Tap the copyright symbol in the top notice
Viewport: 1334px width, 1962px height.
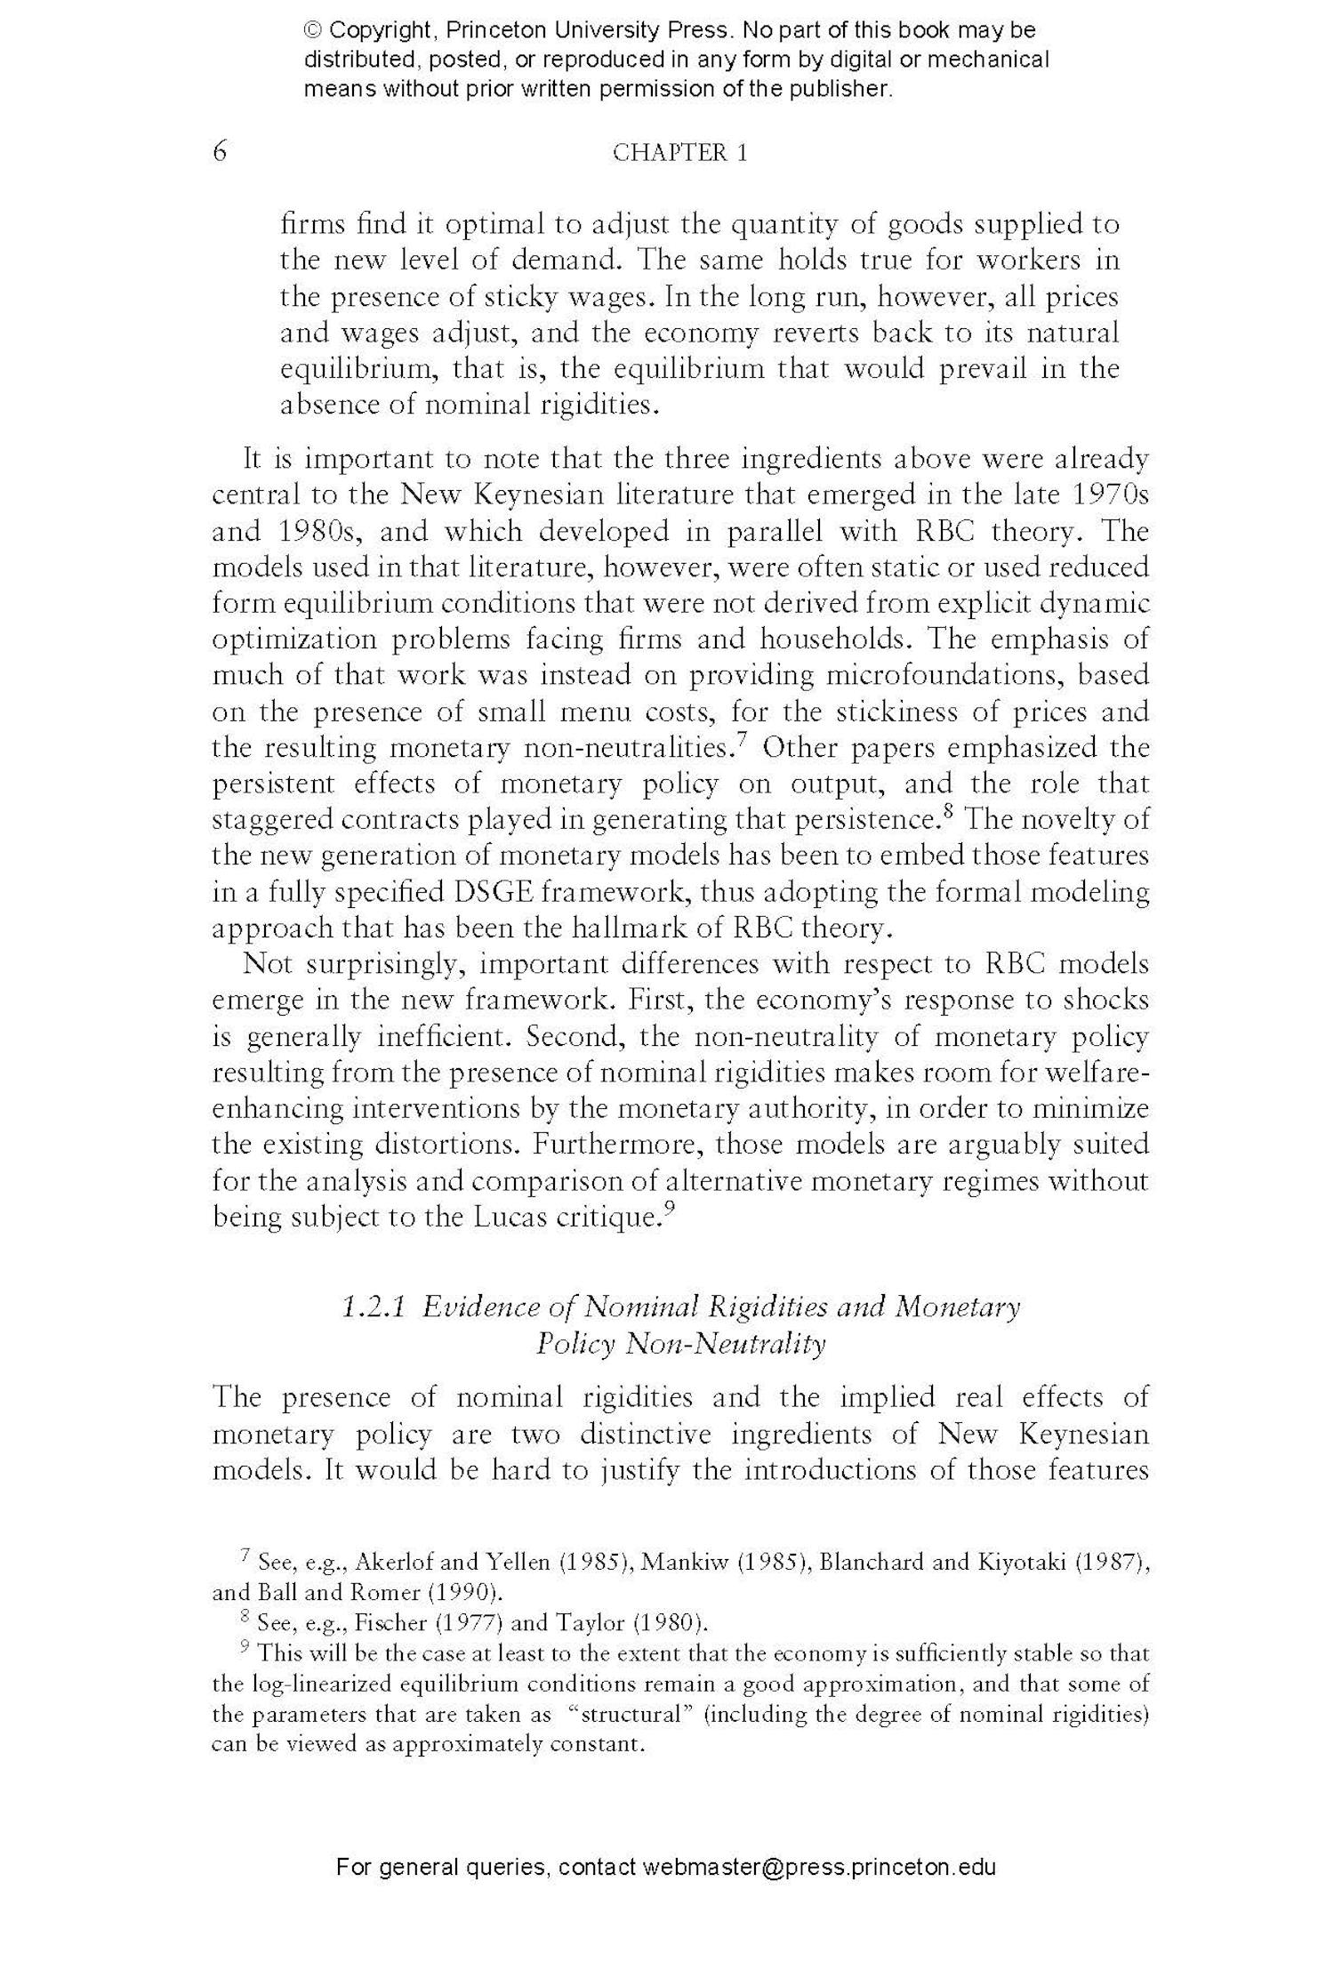pyautogui.click(x=313, y=31)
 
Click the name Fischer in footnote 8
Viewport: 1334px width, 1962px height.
pyautogui.click(x=390, y=1623)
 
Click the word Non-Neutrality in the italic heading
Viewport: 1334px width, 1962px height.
pyautogui.click(x=726, y=1343)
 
